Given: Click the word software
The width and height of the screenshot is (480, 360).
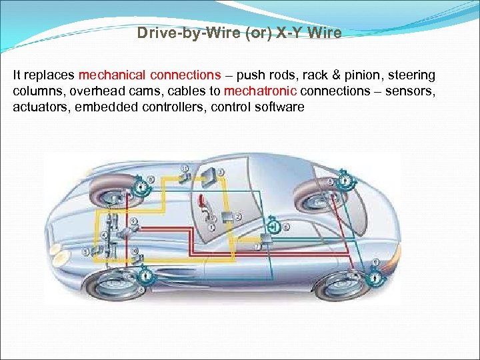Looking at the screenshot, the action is click(277, 106).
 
